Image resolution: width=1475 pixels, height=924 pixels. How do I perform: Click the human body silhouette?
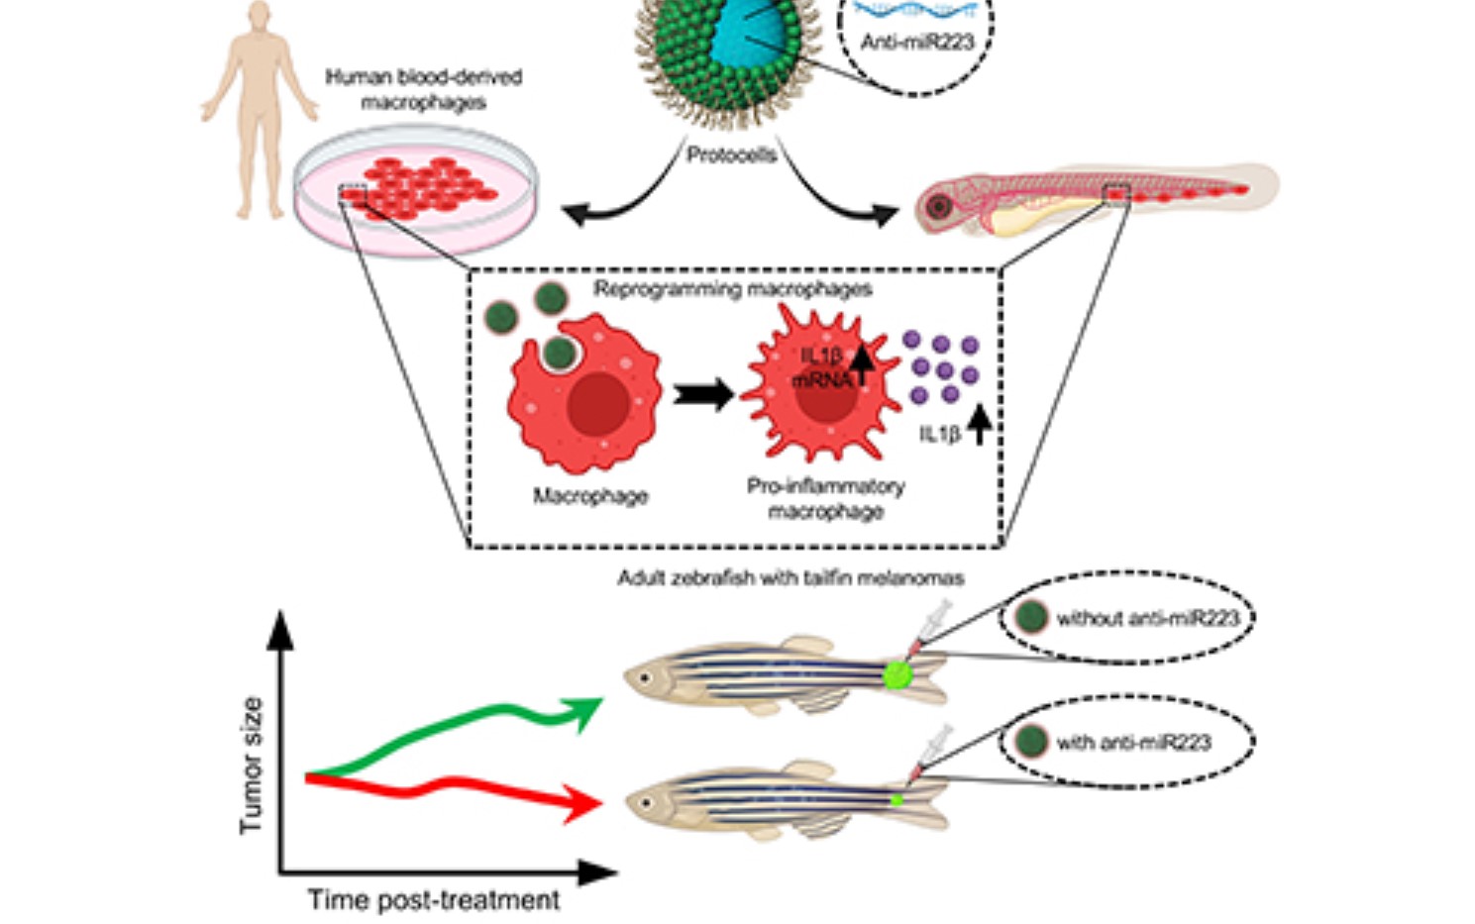pos(259,109)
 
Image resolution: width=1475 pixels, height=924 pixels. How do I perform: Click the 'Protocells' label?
pos(731,155)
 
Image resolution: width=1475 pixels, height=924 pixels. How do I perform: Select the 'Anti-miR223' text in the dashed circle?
pos(917,42)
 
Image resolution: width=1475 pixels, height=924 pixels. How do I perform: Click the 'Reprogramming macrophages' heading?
pos(732,289)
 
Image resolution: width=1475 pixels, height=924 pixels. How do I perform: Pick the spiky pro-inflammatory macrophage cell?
pos(820,386)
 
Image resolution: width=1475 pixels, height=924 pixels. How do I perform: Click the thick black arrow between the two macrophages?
pos(702,394)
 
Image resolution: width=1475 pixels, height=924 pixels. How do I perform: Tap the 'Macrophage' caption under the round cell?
pos(590,495)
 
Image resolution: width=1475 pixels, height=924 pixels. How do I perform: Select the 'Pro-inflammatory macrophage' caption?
pos(825,498)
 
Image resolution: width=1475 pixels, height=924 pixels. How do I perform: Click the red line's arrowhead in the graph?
pos(582,803)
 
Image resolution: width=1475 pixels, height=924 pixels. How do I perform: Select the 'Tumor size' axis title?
pos(252,765)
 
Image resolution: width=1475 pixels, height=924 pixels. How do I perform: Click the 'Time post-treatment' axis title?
pos(433,899)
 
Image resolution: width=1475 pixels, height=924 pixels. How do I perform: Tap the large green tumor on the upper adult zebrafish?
pos(898,674)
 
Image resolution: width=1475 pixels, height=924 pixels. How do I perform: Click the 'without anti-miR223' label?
pos(1147,618)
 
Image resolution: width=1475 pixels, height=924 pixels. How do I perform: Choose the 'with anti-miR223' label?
pos(1133,742)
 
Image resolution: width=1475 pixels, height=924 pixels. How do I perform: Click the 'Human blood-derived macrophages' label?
pos(423,89)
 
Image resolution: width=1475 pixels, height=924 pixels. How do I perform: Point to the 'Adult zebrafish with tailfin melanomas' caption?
pos(790,577)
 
